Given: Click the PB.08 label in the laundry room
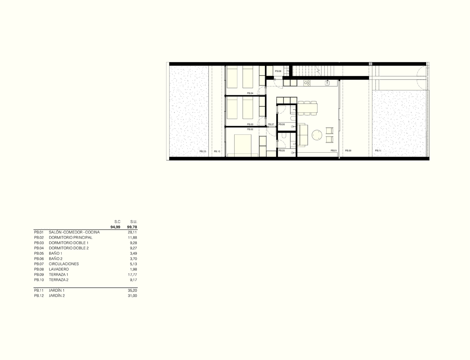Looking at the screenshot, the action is click(278, 71).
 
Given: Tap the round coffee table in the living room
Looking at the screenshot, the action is click(317, 135).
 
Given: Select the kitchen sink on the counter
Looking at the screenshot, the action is click(328, 82).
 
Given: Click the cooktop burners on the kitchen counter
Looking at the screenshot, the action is click(307, 82).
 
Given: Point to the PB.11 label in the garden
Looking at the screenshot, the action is click(378, 151).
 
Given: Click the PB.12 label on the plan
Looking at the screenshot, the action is click(203, 151).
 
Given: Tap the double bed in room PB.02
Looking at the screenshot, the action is click(243, 145).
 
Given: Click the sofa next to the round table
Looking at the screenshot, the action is click(302, 135).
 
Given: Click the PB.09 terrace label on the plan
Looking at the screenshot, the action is click(348, 151).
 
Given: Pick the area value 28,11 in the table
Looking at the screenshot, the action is click(133, 232).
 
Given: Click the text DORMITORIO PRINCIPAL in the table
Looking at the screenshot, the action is click(70, 238).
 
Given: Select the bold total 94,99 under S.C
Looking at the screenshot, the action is click(115, 227).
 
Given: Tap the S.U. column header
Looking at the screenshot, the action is click(134, 222).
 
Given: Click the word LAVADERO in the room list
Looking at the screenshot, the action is click(59, 270).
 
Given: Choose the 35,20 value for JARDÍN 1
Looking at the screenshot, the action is click(133, 290).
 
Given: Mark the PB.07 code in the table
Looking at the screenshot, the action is click(39, 264).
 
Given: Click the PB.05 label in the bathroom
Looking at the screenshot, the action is click(282, 151).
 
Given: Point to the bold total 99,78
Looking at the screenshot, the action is click(132, 227).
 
